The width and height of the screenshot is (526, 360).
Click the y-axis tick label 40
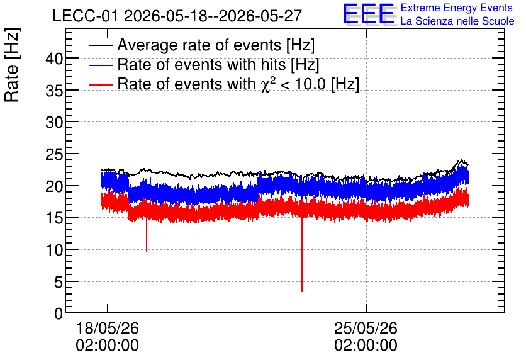point(54,59)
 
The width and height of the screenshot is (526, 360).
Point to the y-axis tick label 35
point(54,91)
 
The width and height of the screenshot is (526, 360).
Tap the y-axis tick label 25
point(54,155)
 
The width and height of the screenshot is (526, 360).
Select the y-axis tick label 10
point(54,250)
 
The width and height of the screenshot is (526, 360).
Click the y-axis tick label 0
point(59,314)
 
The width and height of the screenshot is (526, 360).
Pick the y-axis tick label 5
point(59,282)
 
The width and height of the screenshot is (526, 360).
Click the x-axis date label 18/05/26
point(108,328)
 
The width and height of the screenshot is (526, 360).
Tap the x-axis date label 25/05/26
point(366,328)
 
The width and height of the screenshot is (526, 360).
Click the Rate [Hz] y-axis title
point(12,65)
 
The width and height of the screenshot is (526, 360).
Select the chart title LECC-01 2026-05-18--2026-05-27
point(177,16)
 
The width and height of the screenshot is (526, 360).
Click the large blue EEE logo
point(369,14)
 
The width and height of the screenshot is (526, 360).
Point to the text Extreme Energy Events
point(457,8)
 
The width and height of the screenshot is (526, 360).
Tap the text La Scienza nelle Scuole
point(457,21)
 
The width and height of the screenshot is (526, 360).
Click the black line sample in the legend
point(100,45)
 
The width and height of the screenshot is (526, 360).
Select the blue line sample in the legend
point(100,65)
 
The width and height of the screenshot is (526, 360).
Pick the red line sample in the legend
point(100,84)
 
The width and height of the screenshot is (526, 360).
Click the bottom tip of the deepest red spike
point(302,291)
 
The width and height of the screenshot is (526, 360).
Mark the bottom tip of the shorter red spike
point(147,251)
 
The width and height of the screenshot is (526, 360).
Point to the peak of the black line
point(462,160)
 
